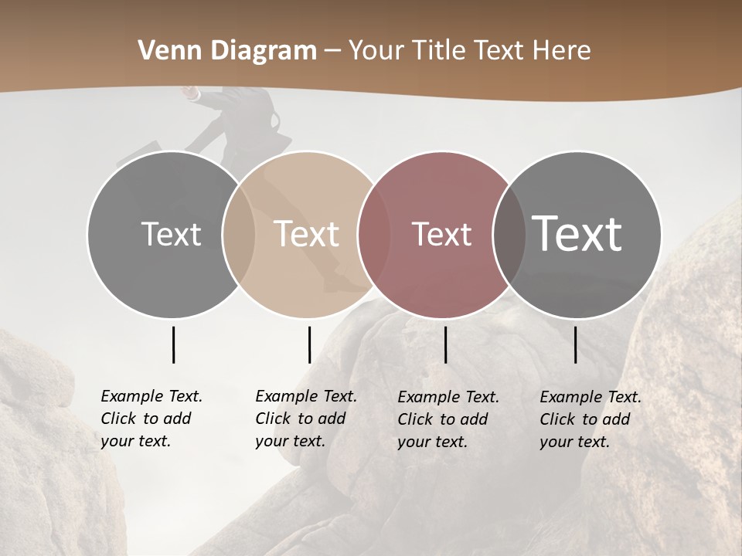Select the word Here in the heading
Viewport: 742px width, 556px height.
pyautogui.click(x=563, y=51)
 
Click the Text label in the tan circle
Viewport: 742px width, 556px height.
pyautogui.click(x=307, y=234)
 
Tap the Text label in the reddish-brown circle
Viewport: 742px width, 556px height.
pyautogui.click(x=441, y=234)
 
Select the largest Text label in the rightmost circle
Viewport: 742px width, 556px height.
pyautogui.click(x=577, y=233)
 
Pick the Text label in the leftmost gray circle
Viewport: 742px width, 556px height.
pyautogui.click(x=172, y=234)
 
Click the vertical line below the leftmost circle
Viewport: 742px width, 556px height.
pyautogui.click(x=173, y=344)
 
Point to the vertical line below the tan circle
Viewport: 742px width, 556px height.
pyautogui.click(x=309, y=344)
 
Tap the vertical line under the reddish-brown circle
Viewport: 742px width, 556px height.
pyautogui.click(x=445, y=344)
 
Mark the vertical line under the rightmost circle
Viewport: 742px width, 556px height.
pyautogui.click(x=575, y=344)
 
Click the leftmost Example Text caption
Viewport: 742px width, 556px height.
pyautogui.click(x=151, y=419)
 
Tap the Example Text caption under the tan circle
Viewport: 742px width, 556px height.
pyautogui.click(x=305, y=419)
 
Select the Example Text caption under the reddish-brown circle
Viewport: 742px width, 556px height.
pyautogui.click(x=448, y=419)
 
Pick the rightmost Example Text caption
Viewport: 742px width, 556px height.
pyautogui.click(x=590, y=419)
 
